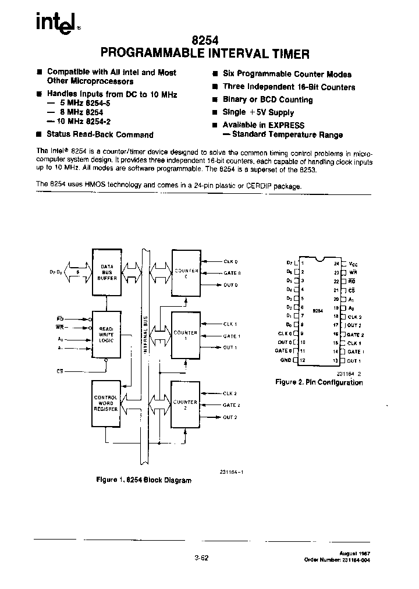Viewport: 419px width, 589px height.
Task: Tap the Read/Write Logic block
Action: tap(106, 332)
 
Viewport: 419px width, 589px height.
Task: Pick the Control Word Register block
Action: tap(106, 403)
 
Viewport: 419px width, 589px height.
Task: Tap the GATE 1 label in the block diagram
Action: tap(232, 336)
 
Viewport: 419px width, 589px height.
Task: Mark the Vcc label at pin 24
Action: tap(353, 263)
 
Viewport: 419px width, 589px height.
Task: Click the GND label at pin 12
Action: tap(286, 361)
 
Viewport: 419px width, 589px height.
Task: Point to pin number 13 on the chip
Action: tap(336, 361)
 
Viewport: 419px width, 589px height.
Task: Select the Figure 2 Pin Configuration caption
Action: tap(318, 382)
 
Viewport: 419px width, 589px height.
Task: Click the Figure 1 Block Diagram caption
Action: tap(143, 480)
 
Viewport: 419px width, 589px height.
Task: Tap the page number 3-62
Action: tap(201, 557)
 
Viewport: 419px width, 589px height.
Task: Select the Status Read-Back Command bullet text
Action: tap(100, 134)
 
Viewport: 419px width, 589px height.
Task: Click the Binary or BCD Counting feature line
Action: tap(268, 100)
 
